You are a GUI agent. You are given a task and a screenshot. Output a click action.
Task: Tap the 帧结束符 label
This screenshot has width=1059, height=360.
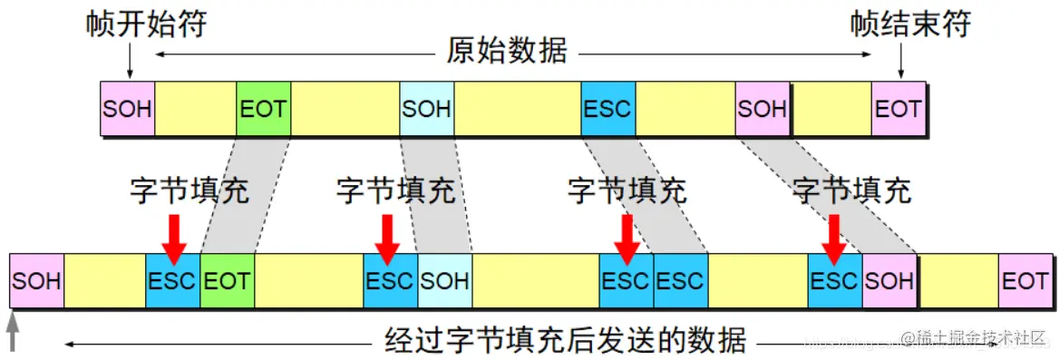[910, 24]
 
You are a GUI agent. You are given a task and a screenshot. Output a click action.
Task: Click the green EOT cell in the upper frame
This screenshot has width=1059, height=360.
[263, 109]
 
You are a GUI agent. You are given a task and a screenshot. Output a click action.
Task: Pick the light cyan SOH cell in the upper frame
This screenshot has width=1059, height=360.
[426, 109]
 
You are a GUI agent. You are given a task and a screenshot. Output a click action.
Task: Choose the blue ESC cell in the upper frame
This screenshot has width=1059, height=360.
[607, 109]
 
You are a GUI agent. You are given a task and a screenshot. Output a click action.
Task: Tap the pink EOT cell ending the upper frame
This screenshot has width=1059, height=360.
[899, 109]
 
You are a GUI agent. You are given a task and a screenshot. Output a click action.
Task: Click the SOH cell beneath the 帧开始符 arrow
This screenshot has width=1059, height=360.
[128, 109]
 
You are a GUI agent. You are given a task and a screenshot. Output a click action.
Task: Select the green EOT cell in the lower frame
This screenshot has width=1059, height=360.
[227, 281]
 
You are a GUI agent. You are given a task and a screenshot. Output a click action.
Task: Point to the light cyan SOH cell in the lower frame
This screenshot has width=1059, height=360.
[444, 281]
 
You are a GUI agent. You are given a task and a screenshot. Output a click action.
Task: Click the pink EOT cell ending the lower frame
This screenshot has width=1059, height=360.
[1025, 281]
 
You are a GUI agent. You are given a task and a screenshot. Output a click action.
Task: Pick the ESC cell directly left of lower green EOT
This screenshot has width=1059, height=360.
[172, 281]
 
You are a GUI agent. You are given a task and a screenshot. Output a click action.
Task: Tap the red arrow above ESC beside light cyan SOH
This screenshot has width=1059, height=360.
[389, 238]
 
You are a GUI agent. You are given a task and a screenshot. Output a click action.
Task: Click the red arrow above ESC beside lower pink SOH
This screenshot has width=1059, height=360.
[833, 238]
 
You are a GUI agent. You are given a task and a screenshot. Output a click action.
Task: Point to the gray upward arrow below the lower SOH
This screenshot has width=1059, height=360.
[13, 331]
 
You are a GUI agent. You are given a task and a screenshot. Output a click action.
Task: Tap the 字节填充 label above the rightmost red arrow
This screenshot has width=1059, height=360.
[851, 190]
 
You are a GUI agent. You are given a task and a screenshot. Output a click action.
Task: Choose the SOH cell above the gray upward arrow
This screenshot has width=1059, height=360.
[36, 281]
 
